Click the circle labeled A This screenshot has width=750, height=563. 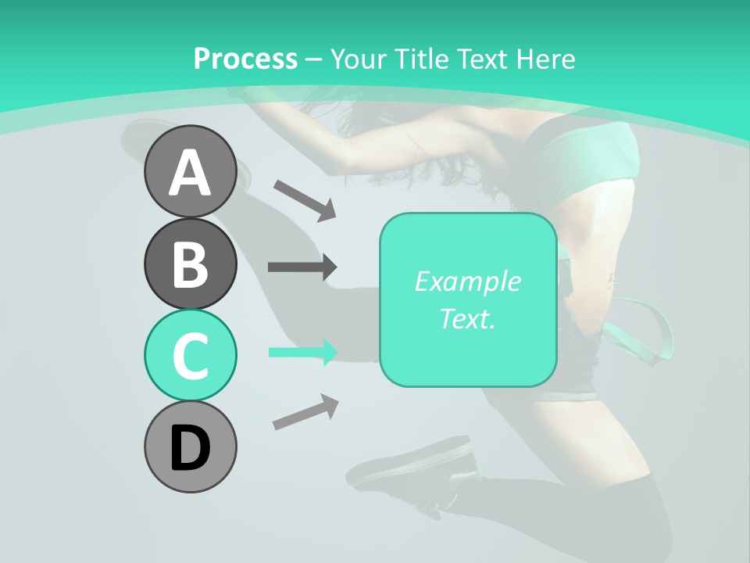click(190, 172)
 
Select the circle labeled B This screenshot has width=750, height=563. click(190, 264)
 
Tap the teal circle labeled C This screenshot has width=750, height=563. click(190, 354)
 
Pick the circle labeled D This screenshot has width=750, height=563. click(190, 446)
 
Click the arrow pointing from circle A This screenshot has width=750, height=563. click(305, 199)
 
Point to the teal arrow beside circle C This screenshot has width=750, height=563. click(302, 353)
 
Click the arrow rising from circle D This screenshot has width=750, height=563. click(305, 412)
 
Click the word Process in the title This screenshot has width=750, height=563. click(245, 59)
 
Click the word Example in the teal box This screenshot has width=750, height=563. click(467, 281)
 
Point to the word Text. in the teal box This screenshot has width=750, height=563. click(467, 318)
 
